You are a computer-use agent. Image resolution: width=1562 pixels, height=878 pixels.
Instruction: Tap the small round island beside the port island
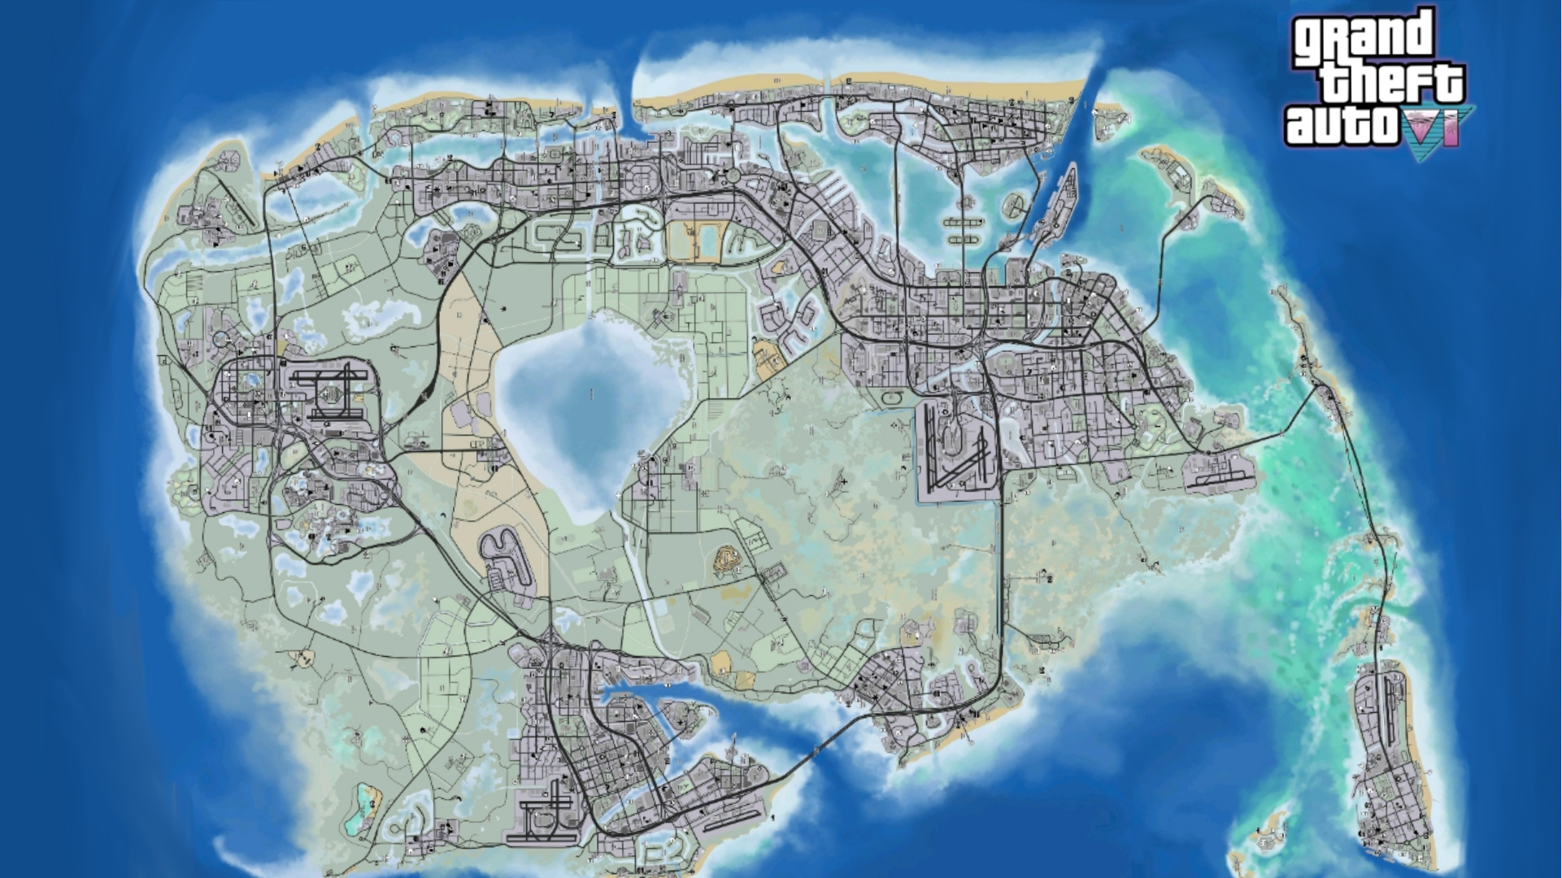pyautogui.click(x=1015, y=203)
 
